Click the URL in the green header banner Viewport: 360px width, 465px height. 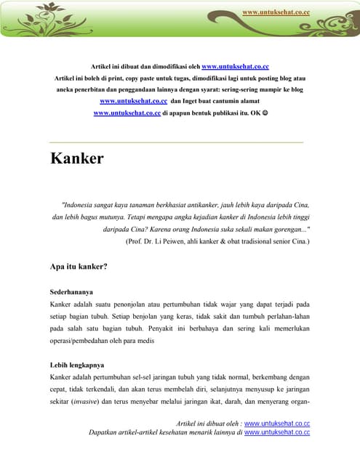[276, 12]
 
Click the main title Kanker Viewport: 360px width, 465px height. [76, 158]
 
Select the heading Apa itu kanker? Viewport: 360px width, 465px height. [79, 267]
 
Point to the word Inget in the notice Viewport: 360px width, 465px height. [191, 101]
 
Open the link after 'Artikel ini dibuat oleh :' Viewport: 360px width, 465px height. [277, 423]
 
